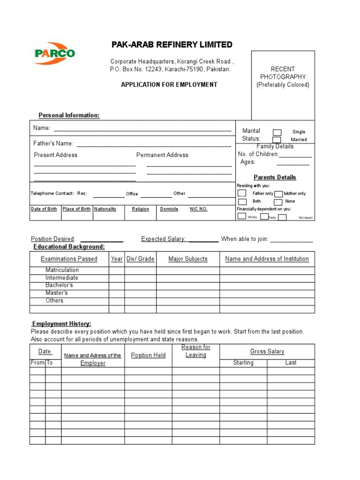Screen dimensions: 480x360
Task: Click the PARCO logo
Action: pyautogui.click(x=54, y=53)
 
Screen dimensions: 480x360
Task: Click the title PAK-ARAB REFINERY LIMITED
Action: pyautogui.click(x=172, y=45)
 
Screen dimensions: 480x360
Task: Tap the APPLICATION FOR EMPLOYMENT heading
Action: pyautogui.click(x=169, y=85)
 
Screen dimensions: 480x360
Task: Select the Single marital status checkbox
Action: pyautogui.click(x=277, y=132)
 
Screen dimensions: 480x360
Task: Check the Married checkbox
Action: pyautogui.click(x=277, y=140)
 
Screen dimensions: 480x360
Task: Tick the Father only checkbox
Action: pyautogui.click(x=242, y=193)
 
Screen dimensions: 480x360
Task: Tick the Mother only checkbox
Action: pyautogui.click(x=278, y=194)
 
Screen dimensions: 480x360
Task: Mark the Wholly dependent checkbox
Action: pyautogui.click(x=242, y=216)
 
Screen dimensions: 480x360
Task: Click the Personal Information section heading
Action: pyautogui.click(x=69, y=115)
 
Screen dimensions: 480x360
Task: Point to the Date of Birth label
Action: pyautogui.click(x=44, y=209)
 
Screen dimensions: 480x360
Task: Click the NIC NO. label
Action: pyautogui.click(x=198, y=209)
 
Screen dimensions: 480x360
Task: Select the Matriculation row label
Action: pyautogui.click(x=62, y=270)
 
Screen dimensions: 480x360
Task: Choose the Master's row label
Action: pyautogui.click(x=56, y=293)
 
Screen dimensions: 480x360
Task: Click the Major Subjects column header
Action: pyautogui.click(x=187, y=259)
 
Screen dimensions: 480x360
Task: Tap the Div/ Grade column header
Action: pyautogui.click(x=140, y=259)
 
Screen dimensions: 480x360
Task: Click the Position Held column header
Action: pyautogui.click(x=148, y=355)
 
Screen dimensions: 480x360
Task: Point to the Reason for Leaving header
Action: pyautogui.click(x=196, y=351)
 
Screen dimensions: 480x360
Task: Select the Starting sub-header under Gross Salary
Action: pyautogui.click(x=243, y=363)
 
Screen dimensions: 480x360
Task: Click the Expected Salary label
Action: pyautogui.click(x=164, y=239)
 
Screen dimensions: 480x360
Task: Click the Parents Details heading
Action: pyautogui.click(x=275, y=177)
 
